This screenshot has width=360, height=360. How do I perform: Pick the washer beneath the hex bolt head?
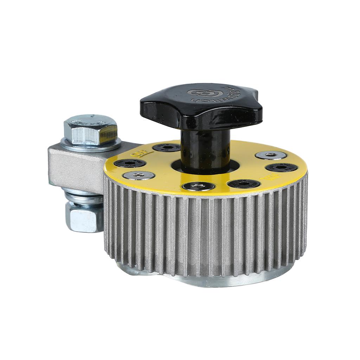[x=91, y=145]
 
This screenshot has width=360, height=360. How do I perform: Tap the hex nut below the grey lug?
[x=84, y=218]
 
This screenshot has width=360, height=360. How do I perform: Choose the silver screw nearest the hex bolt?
[x=139, y=175]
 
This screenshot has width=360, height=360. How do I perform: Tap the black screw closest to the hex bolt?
[x=130, y=163]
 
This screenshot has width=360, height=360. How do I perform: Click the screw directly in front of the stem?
[x=199, y=186]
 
